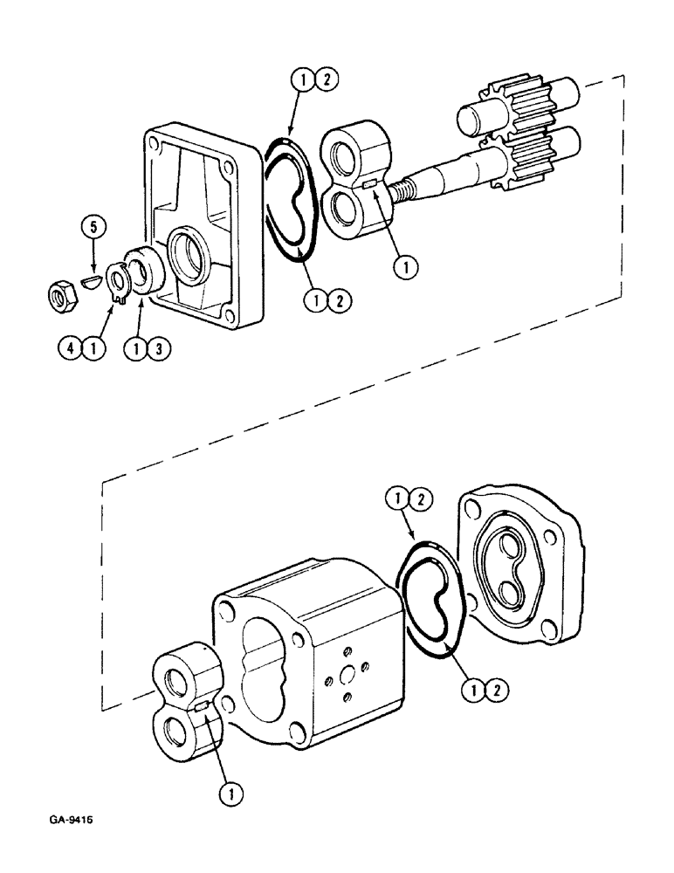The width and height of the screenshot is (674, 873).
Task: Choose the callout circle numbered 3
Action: tap(159, 347)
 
